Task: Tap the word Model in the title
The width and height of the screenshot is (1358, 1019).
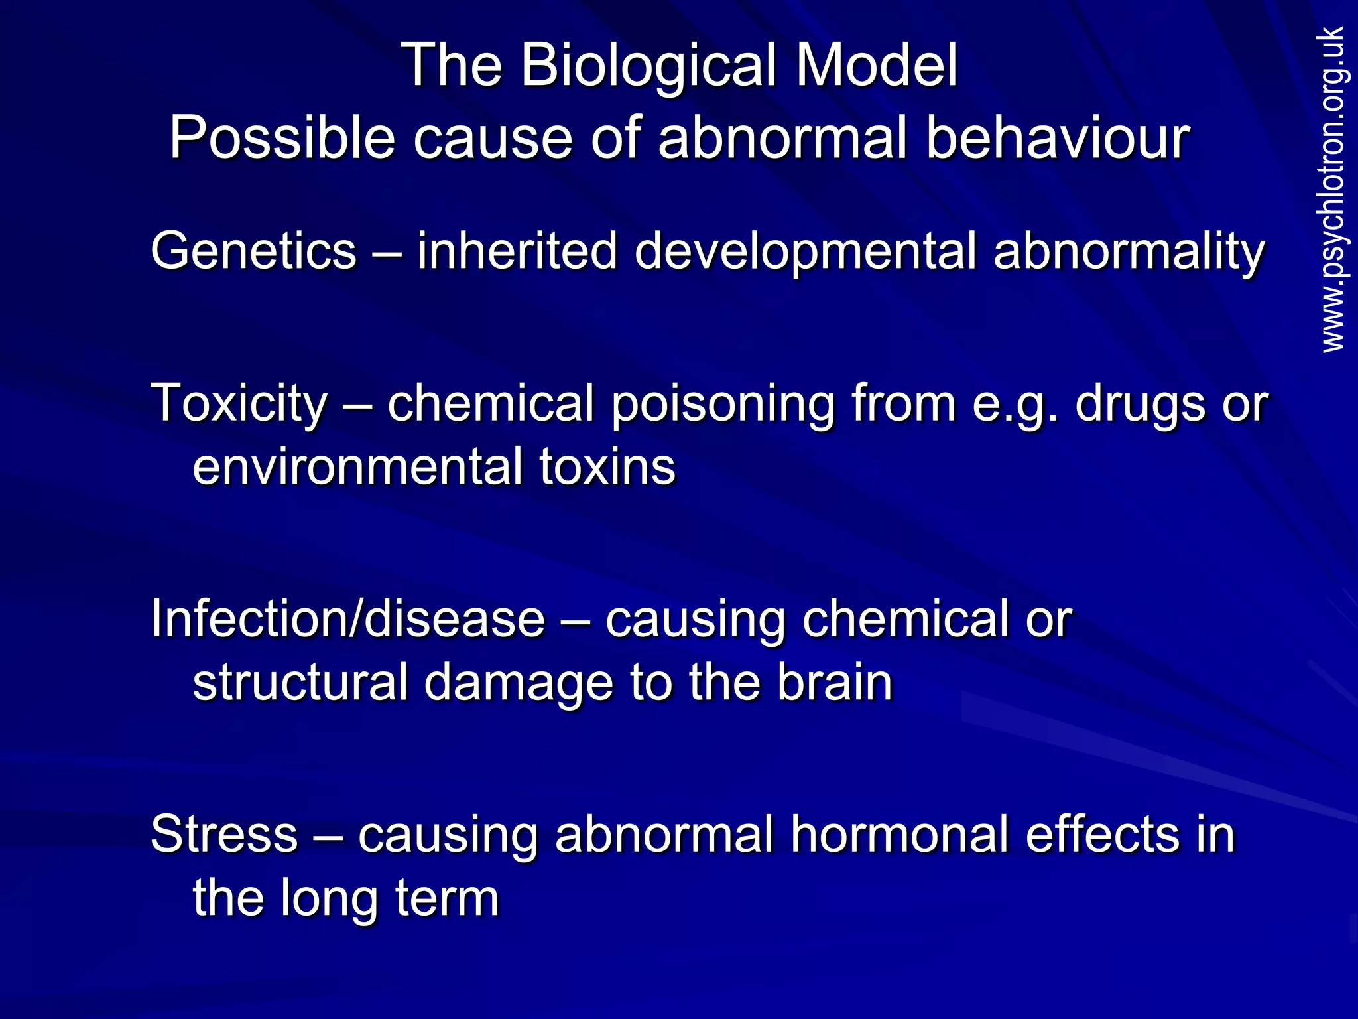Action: coord(876,65)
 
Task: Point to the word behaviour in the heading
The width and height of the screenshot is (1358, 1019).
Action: coord(1058,138)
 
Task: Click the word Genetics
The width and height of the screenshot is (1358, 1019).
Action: coord(254,251)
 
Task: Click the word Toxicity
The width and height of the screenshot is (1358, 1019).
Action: coord(239,403)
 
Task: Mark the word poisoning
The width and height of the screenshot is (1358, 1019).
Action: coord(722,403)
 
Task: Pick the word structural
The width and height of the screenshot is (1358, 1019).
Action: coord(300,682)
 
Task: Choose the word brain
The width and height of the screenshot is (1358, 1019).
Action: coord(835,682)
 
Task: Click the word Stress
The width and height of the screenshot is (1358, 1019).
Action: coord(224,833)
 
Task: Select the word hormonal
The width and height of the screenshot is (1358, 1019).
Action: coord(898,833)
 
